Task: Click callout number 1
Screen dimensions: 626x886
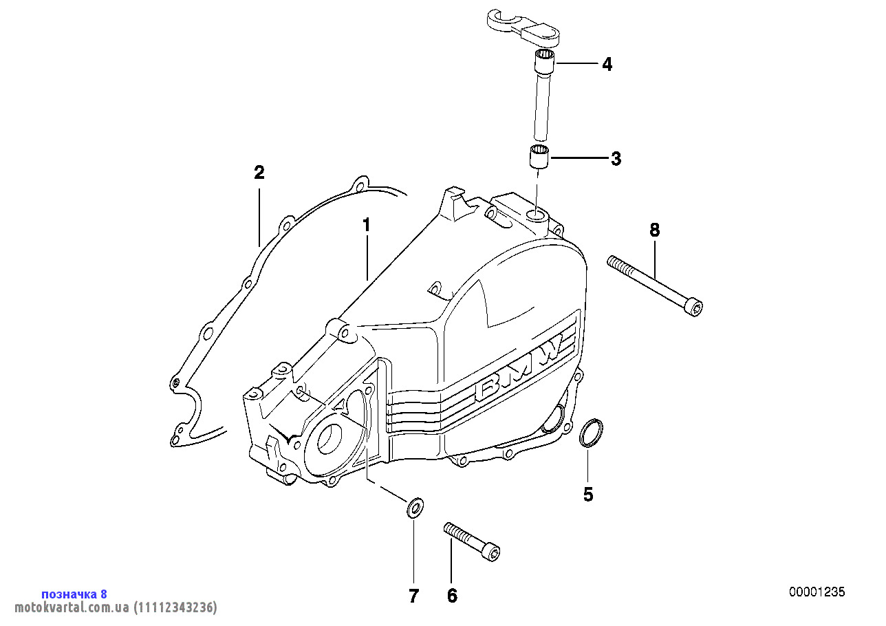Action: click(367, 225)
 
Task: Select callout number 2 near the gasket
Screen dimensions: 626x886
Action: click(259, 173)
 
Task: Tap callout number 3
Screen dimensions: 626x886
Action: click(616, 159)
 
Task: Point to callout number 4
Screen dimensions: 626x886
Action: click(606, 65)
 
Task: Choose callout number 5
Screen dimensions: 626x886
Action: click(588, 494)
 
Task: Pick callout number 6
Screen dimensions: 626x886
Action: click(452, 596)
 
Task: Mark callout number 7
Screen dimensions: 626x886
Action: click(413, 596)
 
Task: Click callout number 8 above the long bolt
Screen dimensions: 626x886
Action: click(654, 230)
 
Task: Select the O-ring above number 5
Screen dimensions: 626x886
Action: click(591, 433)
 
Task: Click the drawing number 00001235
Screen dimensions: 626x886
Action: click(817, 592)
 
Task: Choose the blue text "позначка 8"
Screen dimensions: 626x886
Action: click(74, 594)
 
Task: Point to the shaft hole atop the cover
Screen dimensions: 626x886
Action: click(536, 217)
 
